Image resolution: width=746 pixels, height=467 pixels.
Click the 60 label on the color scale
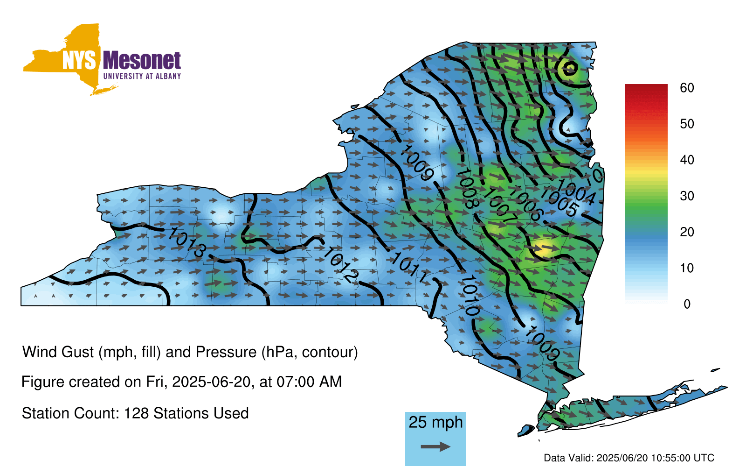(x=687, y=88)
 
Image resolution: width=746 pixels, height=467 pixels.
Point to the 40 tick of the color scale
(x=687, y=160)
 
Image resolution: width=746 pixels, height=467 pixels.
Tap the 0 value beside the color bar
(x=687, y=304)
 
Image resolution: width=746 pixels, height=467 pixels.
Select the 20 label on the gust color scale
(x=687, y=232)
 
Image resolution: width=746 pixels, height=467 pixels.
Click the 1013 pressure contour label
(x=186, y=242)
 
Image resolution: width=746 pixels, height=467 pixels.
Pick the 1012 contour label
(x=340, y=265)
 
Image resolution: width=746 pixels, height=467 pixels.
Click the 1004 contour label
(x=575, y=192)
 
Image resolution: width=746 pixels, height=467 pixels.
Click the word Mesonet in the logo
(x=142, y=61)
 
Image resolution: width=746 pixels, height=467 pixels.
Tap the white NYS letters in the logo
(x=79, y=61)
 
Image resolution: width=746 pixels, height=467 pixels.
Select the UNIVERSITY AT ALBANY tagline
(x=142, y=76)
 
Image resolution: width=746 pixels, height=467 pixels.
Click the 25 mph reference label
(x=435, y=422)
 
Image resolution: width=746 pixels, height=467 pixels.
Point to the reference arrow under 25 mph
(x=435, y=446)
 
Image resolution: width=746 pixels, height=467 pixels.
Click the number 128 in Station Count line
(x=136, y=413)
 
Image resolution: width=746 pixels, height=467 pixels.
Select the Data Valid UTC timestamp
(x=629, y=458)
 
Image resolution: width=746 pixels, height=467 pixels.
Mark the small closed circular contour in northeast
(x=570, y=68)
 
